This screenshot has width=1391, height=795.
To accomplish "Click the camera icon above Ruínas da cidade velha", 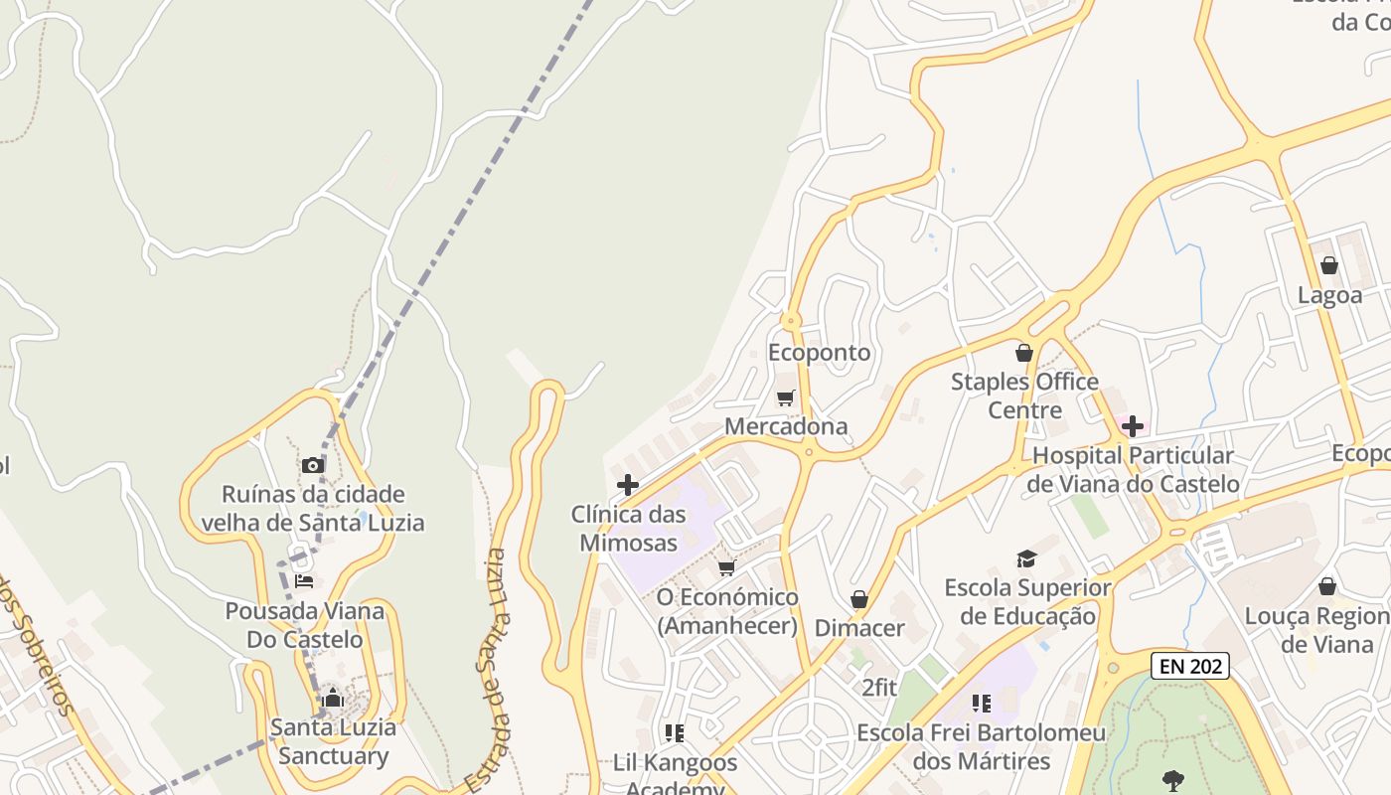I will click(x=313, y=465).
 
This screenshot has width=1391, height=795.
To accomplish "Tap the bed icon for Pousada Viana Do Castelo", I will click(x=304, y=580).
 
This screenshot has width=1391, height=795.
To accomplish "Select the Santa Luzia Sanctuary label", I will click(x=333, y=741).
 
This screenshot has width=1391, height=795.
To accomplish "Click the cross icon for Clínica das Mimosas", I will click(x=628, y=485).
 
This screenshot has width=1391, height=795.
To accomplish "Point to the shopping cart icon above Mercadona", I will click(x=786, y=398).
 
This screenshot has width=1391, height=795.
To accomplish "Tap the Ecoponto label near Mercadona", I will click(x=819, y=353).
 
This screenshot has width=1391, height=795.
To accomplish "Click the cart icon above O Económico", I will click(x=727, y=567).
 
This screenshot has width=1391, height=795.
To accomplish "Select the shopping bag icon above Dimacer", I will click(x=859, y=599).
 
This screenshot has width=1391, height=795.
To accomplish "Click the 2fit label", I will click(x=879, y=687).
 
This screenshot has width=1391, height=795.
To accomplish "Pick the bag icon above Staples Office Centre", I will click(x=1024, y=353).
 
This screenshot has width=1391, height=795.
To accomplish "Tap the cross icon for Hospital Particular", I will click(x=1132, y=427).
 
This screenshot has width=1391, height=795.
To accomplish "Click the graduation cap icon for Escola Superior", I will click(x=1026, y=559).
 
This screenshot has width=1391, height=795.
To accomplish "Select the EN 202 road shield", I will click(x=1189, y=666).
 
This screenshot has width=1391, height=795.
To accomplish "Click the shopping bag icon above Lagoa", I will click(x=1329, y=265).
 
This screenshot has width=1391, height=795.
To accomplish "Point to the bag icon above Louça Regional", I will click(x=1327, y=586).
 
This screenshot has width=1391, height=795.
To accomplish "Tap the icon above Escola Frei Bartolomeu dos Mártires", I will click(x=982, y=704).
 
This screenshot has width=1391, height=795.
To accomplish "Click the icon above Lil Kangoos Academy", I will click(x=675, y=733).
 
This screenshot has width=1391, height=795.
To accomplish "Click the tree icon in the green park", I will click(x=1173, y=779).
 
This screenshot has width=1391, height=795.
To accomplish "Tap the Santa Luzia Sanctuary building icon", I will click(x=333, y=699).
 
